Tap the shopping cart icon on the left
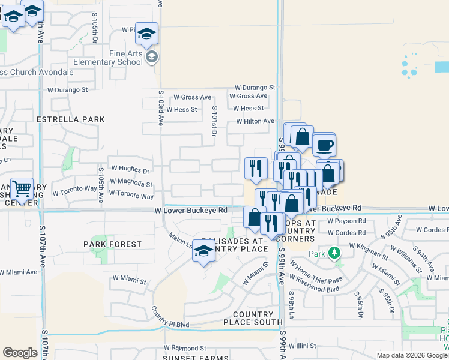point(22,189)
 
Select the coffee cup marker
point(324,145)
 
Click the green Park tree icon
point(334,253)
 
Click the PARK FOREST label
point(113,244)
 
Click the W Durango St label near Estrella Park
point(67,90)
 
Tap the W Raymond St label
point(185,348)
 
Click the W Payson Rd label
point(347,221)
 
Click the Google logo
point(20,353)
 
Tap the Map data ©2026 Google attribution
point(411,355)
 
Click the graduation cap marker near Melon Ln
point(203,252)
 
